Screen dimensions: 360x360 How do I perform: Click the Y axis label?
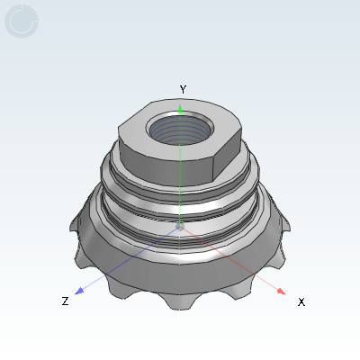pos(183,89)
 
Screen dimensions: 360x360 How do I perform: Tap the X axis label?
pos(301,301)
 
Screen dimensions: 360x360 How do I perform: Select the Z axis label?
pos(65,301)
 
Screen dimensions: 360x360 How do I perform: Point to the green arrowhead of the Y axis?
pos(180,110)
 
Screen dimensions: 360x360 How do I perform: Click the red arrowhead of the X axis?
pos(281,291)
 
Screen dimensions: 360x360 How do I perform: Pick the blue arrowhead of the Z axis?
pos(79,291)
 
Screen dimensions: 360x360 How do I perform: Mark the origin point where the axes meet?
pos(180,227)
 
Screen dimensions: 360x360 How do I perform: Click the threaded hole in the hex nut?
pos(180,128)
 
